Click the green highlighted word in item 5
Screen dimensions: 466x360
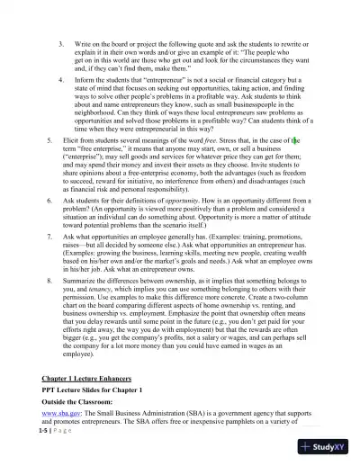pyautogui.click(x=295, y=141)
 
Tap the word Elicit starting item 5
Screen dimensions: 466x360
pyautogui.click(x=74, y=141)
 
